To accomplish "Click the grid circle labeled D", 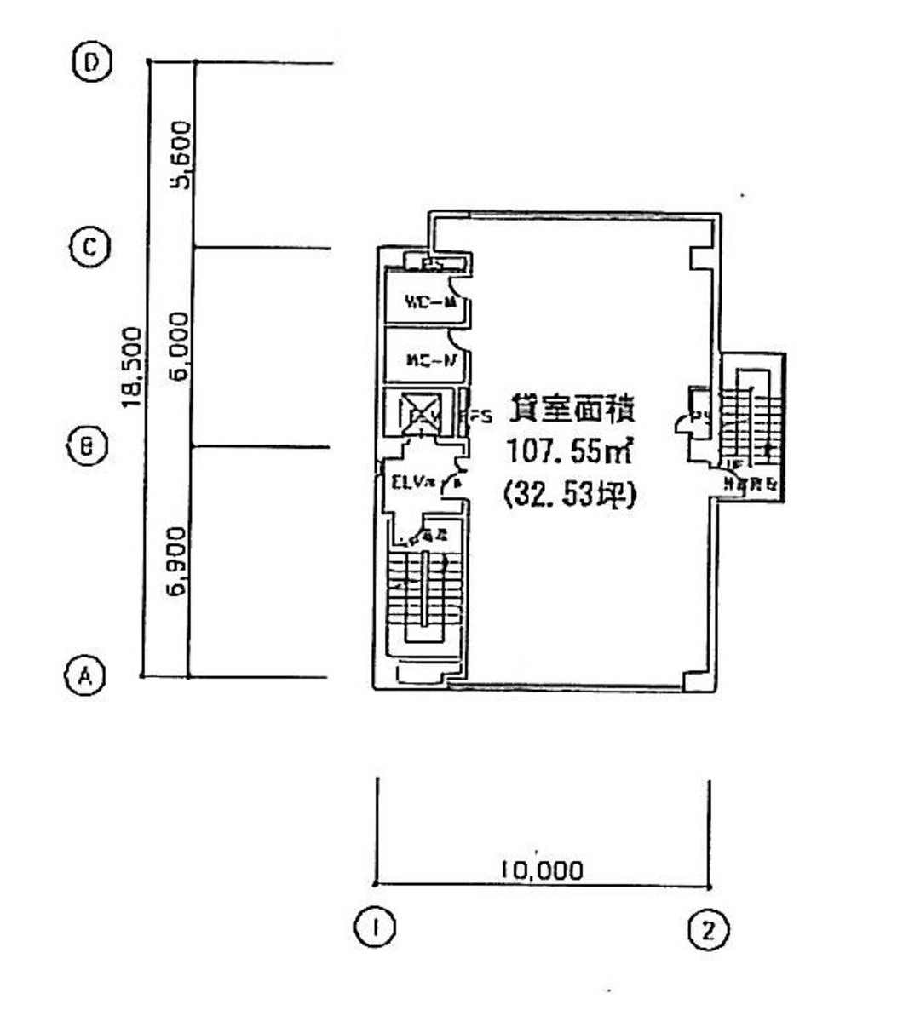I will click(92, 63).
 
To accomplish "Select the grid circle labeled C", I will click(89, 248).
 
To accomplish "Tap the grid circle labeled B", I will click(86, 445).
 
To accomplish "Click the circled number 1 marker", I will click(373, 927).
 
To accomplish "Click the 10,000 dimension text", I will click(543, 870).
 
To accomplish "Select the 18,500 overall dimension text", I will click(130, 366).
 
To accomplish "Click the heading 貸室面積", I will click(571, 411).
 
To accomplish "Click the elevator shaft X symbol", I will click(421, 412).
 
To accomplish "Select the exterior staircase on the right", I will click(751, 426).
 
